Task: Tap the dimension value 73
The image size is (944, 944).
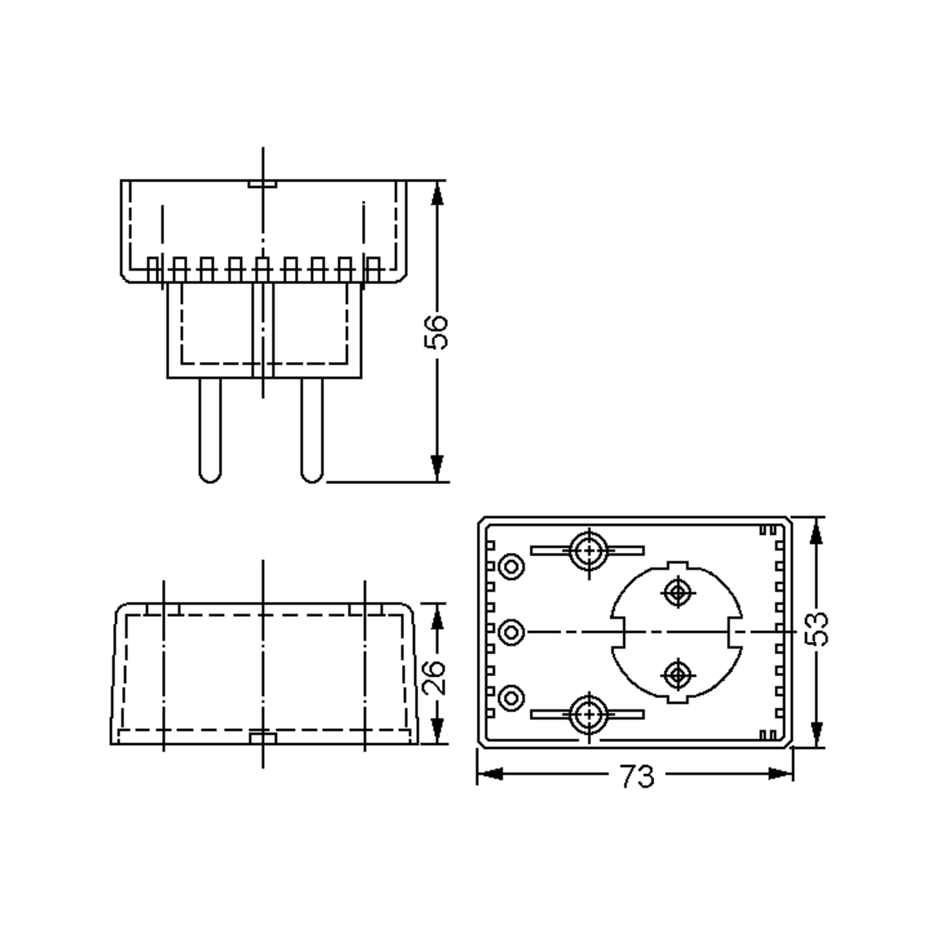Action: [637, 776]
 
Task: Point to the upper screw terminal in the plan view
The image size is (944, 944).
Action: [590, 551]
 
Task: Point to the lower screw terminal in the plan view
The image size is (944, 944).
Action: [590, 714]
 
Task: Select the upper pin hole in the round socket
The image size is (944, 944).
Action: [678, 593]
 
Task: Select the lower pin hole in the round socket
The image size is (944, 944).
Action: [678, 675]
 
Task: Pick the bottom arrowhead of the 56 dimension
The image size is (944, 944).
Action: [437, 466]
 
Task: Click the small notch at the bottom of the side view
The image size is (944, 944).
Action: [263, 738]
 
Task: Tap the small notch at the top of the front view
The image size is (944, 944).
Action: [262, 184]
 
